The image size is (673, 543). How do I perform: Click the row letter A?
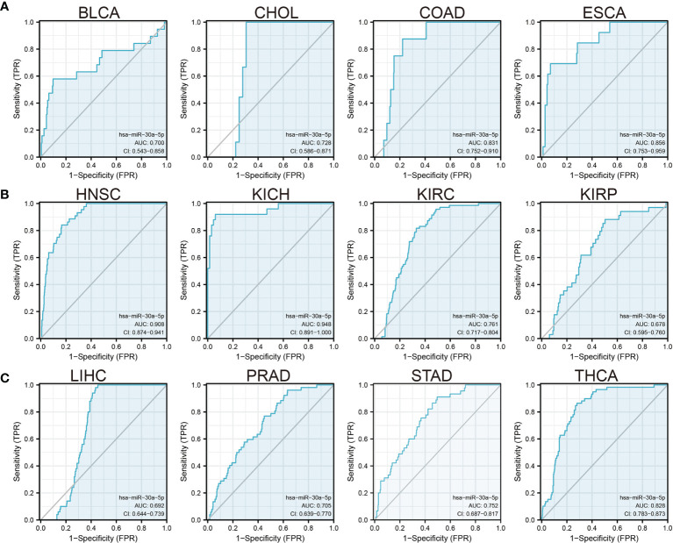tap(6, 6)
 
